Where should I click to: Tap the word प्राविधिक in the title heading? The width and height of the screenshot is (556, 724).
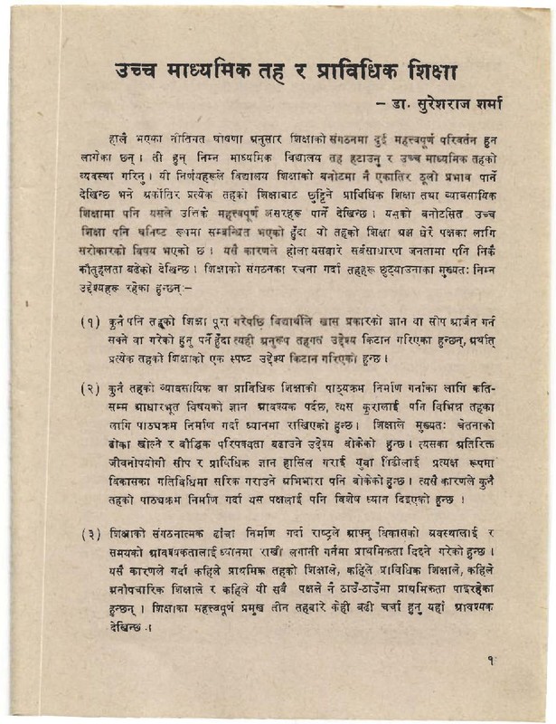click(x=346, y=70)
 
